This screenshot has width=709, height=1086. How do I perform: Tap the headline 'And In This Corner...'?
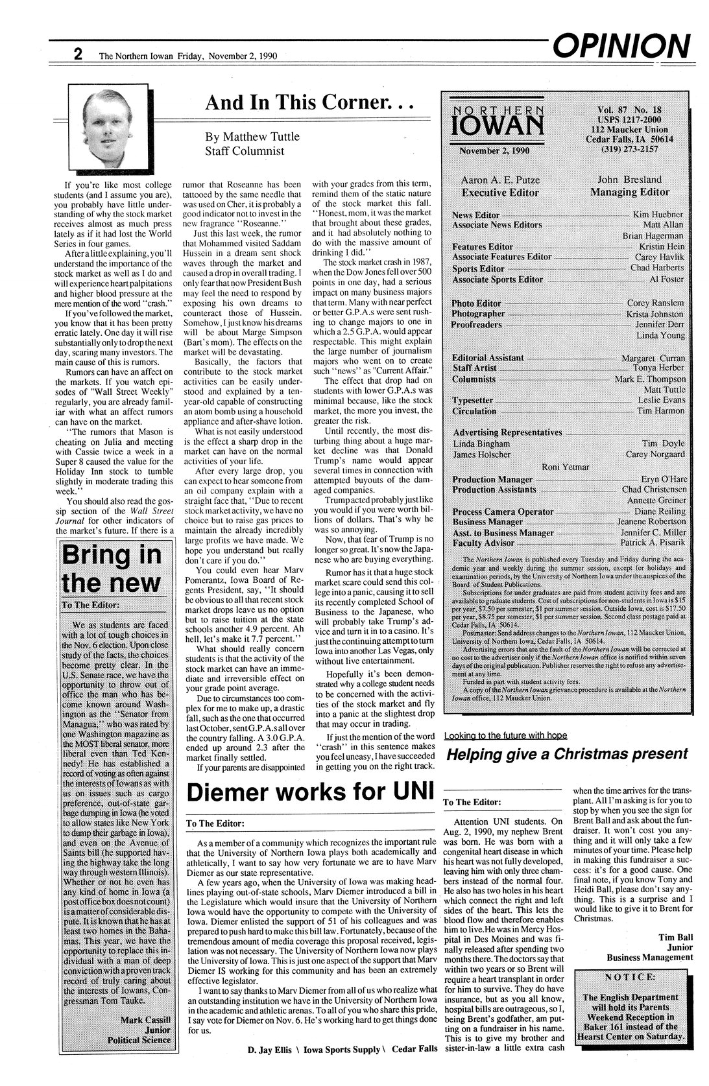[308, 102]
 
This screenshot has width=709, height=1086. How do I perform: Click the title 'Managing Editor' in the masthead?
[629, 192]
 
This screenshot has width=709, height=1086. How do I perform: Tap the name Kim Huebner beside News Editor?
[658, 214]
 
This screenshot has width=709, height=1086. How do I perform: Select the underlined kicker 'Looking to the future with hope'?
[505, 735]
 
